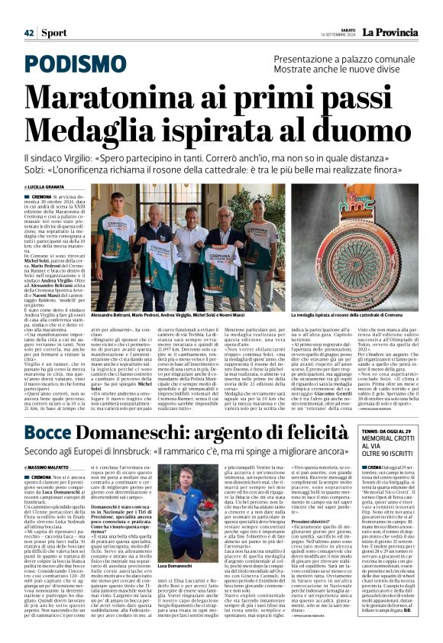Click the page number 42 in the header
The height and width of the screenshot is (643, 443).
(x=28, y=32)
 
